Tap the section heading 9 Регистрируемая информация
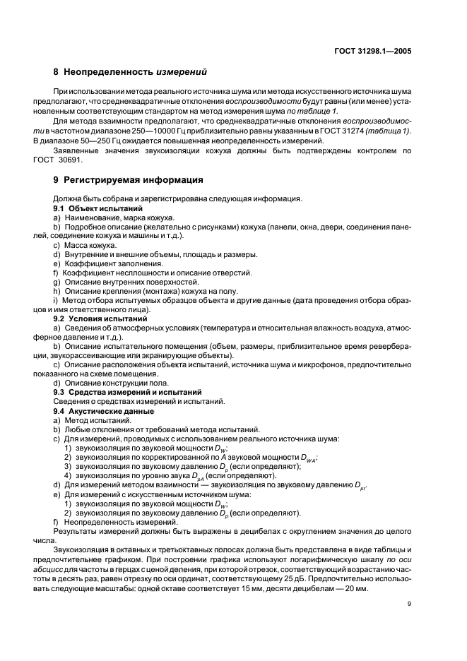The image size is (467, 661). (x=124, y=179)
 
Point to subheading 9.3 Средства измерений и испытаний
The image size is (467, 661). (x=128, y=391)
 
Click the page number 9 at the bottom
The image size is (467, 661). (x=410, y=604)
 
